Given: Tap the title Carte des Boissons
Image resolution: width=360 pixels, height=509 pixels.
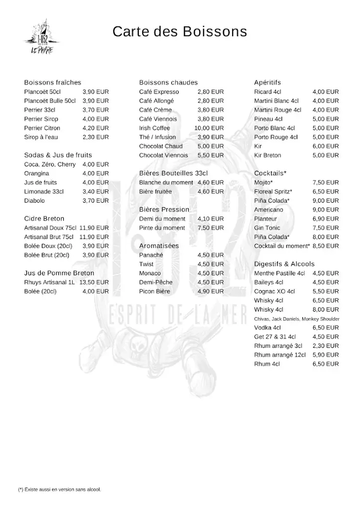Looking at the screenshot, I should click(x=180, y=32).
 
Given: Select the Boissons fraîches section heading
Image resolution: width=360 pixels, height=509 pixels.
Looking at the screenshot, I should click(x=52, y=83).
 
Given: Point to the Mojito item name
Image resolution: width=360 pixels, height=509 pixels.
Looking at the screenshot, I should click(x=264, y=182).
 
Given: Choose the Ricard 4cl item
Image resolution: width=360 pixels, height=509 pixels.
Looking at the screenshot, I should click(x=268, y=92).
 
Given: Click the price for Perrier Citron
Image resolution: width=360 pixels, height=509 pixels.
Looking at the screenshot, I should click(x=95, y=128).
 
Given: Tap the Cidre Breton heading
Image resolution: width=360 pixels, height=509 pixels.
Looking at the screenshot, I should click(x=44, y=219).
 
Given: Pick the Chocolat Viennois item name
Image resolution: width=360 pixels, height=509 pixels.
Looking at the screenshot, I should click(x=164, y=156).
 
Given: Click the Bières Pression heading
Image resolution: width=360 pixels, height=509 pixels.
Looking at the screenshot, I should click(x=164, y=210).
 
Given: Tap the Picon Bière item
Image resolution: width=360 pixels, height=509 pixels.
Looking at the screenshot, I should click(x=155, y=291).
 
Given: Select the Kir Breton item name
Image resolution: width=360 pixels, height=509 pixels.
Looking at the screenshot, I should click(x=268, y=156).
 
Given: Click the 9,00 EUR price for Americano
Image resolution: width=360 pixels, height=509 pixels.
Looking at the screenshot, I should click(x=326, y=210).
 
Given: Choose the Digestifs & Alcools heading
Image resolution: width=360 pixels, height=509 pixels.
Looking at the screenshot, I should click(x=284, y=264).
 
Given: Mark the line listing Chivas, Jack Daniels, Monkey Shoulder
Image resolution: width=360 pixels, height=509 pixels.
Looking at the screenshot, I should click(x=297, y=319).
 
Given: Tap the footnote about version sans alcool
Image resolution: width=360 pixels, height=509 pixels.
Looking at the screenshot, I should click(x=59, y=490).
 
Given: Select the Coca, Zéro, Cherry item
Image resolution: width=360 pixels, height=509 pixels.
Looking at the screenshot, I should click(x=50, y=165).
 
